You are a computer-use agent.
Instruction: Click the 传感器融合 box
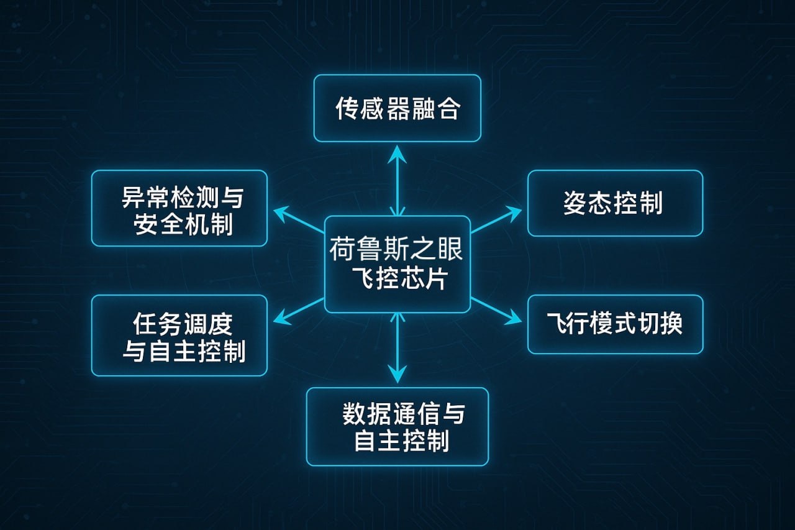point(397,108)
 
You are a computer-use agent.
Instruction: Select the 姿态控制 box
point(615,203)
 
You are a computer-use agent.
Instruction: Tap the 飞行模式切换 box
point(615,324)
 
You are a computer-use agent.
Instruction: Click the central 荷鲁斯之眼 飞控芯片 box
point(397,264)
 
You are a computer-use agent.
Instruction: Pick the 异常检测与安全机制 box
point(179,208)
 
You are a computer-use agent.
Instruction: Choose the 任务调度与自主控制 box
point(179,336)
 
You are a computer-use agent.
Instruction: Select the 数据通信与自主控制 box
point(397,426)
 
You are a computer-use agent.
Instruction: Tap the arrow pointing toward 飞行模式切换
point(497,311)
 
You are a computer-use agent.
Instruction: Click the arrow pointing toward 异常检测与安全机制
point(298,220)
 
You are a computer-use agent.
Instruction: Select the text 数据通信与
point(403,414)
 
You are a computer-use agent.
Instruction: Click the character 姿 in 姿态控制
point(575,204)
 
